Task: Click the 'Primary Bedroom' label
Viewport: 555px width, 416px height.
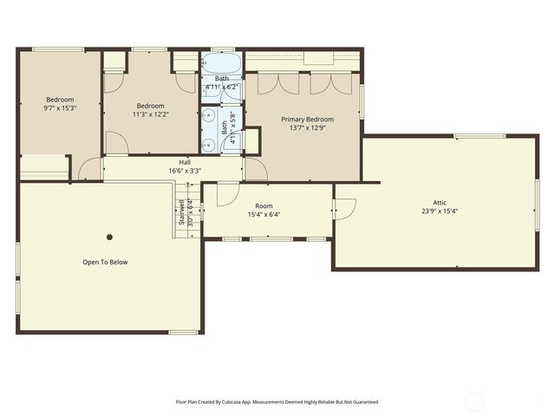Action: tap(302, 118)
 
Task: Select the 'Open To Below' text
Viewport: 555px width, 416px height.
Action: tap(105, 262)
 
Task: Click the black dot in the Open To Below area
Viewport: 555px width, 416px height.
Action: tap(110, 237)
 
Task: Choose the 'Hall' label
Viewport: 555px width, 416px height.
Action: tap(185, 162)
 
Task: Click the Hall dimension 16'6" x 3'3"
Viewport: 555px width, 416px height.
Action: tap(185, 171)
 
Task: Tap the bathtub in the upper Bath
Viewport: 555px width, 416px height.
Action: tap(223, 66)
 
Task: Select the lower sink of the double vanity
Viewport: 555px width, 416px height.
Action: tap(209, 145)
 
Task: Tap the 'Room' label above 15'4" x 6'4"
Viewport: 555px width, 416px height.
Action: tap(263, 205)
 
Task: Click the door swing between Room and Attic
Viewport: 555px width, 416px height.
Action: tap(344, 209)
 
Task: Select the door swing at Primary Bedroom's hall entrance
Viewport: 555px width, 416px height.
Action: tap(255, 170)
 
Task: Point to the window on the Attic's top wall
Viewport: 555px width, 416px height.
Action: tap(480, 136)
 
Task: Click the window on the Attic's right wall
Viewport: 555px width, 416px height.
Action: tap(537, 205)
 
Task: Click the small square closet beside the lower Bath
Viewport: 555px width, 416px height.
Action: tap(252, 140)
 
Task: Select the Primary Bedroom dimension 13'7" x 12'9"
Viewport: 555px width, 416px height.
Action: tap(302, 127)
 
